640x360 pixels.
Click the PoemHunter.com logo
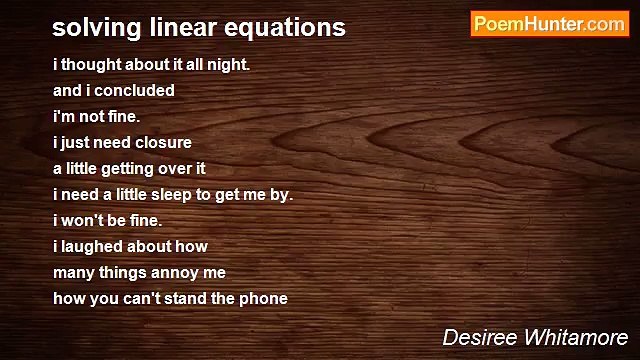pos(549,24)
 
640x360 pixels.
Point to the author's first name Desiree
pos(481,337)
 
